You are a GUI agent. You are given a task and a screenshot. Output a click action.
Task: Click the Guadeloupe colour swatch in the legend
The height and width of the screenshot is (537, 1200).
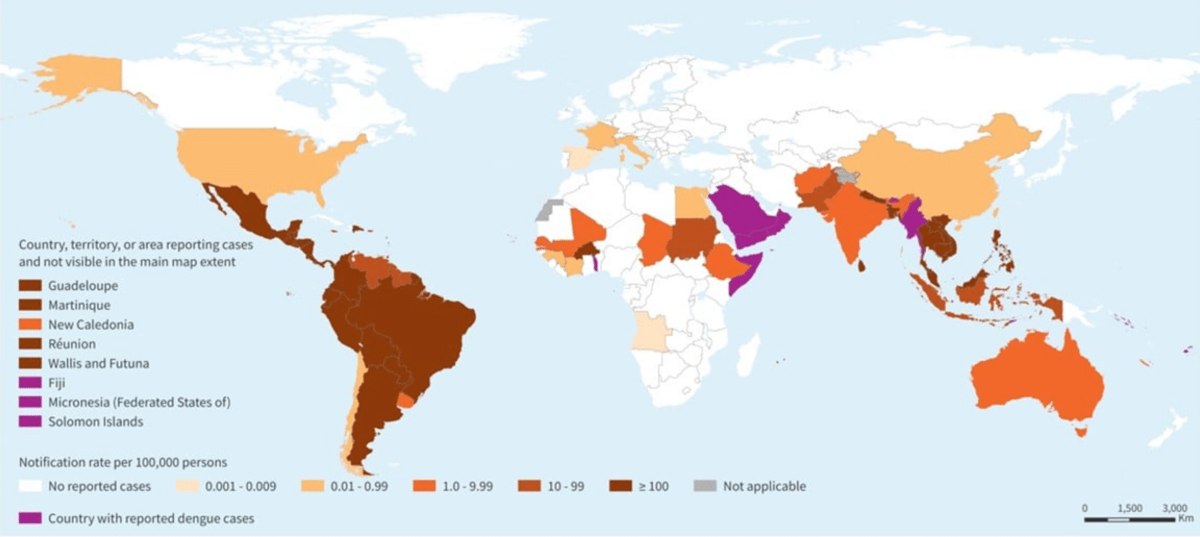pyautogui.click(x=30, y=285)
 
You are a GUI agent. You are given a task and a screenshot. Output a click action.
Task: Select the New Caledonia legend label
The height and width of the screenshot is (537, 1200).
pyautogui.click(x=91, y=325)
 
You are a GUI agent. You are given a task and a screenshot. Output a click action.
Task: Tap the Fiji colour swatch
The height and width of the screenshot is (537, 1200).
pyautogui.click(x=30, y=383)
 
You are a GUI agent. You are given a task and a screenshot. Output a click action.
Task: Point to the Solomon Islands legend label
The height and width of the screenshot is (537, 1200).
pyautogui.click(x=96, y=422)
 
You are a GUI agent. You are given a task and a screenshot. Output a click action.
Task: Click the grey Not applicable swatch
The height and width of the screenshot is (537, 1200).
pyautogui.click(x=706, y=487)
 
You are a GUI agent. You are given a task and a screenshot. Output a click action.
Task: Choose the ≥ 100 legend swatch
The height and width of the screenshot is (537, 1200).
pyautogui.click(x=620, y=487)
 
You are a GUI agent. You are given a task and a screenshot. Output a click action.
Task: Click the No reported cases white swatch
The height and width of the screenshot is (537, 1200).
pyautogui.click(x=30, y=487)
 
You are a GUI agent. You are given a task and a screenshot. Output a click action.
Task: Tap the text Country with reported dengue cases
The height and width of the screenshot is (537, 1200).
pyautogui.click(x=151, y=519)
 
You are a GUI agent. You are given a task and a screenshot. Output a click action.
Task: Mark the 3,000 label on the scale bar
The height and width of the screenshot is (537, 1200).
pyautogui.click(x=1175, y=507)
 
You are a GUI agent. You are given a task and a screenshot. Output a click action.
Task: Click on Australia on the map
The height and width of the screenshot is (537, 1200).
pyautogui.click(x=1036, y=383)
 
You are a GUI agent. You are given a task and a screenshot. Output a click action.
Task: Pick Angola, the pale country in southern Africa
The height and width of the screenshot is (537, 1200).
pyautogui.click(x=648, y=331)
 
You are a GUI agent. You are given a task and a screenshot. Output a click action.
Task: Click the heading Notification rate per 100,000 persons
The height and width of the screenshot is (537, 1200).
pyautogui.click(x=123, y=462)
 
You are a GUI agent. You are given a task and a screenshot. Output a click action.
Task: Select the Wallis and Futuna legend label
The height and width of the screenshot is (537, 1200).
pyautogui.click(x=98, y=364)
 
